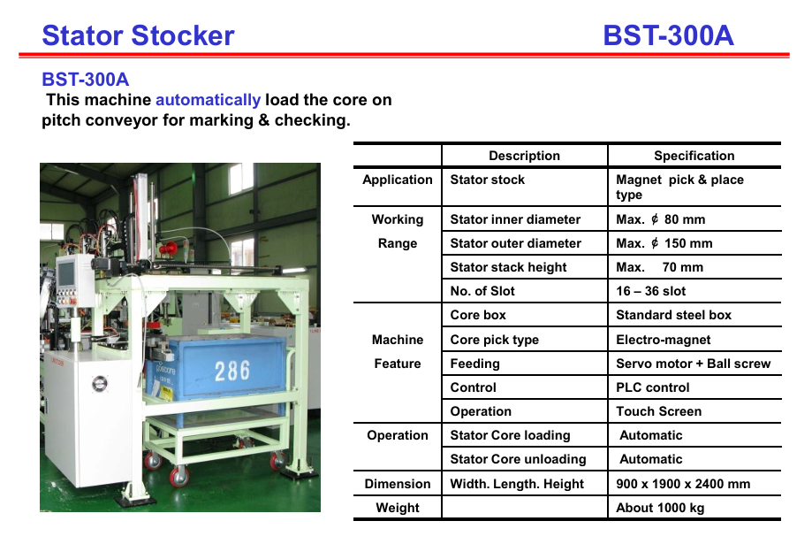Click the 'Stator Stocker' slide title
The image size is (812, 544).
click(138, 35)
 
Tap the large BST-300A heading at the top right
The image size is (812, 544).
click(668, 35)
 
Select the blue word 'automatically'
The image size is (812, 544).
click(208, 100)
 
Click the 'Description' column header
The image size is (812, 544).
click(524, 156)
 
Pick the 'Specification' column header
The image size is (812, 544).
click(694, 156)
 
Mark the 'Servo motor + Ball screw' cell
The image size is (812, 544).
click(693, 364)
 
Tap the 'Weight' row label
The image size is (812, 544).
click(398, 508)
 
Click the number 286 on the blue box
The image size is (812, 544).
click(232, 371)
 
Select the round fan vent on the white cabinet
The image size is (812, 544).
click(100, 383)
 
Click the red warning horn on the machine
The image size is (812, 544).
click(168, 249)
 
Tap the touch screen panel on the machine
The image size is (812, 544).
click(67, 274)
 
